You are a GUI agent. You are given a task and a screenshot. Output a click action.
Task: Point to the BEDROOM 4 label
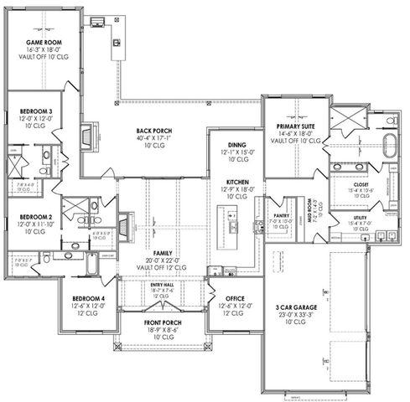tap(88, 299)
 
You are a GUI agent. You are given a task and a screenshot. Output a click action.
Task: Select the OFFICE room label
tap(234, 299)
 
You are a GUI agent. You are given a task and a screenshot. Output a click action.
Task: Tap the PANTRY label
tap(280, 216)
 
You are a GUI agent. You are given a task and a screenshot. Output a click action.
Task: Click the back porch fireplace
tap(86, 135)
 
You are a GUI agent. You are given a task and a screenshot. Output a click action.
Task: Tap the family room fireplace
tap(122, 224)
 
